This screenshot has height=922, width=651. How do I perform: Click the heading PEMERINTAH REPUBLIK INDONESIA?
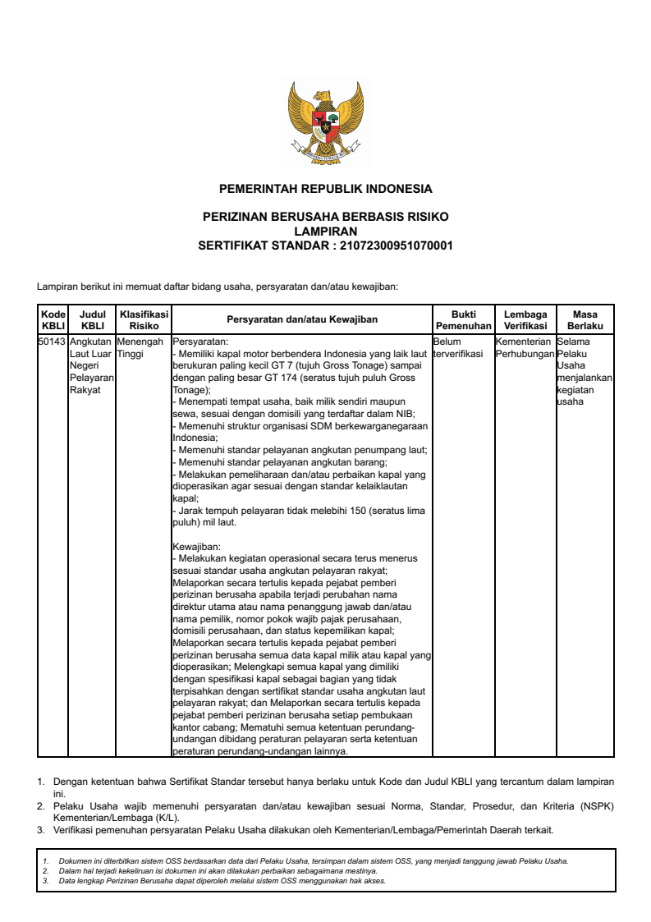(325, 189)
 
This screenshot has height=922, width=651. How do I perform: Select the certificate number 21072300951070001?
(397, 245)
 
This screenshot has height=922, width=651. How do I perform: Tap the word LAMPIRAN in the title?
(325, 232)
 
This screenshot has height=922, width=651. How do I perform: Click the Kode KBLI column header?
(53, 320)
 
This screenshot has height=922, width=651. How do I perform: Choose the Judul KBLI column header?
(93, 320)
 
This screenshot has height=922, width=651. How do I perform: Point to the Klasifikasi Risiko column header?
(144, 319)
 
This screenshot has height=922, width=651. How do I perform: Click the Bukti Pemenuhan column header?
(463, 320)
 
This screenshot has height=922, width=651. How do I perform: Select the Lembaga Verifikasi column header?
(525, 320)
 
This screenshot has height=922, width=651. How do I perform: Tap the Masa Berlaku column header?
(585, 320)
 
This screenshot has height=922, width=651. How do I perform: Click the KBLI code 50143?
(53, 341)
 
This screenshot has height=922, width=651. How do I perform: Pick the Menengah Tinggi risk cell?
(140, 347)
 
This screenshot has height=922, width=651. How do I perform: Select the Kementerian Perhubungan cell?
(525, 347)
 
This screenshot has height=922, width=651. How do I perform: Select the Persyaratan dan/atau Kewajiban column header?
(302, 320)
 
